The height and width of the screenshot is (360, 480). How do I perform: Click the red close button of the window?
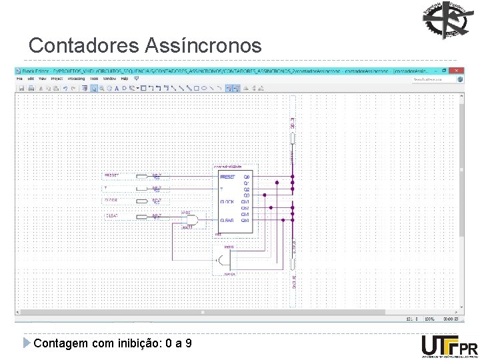point(457,70)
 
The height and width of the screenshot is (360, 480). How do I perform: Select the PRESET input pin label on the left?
point(111,175)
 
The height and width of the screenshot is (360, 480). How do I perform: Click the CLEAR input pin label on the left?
point(111,216)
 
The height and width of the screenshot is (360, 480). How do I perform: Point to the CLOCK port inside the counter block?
point(227,201)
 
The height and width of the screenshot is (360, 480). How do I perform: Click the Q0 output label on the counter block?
point(247,177)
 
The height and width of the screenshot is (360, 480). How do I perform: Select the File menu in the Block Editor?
point(20,79)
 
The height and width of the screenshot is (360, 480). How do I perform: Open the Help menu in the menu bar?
point(125,79)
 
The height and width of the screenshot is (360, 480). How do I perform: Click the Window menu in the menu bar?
point(110,79)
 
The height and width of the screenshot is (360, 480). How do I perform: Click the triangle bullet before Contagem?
point(27,343)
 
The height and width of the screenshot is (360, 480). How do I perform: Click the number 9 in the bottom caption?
point(189,343)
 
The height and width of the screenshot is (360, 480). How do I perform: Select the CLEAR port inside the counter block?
point(227,220)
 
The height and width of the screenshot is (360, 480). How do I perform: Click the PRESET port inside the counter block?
point(228,177)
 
